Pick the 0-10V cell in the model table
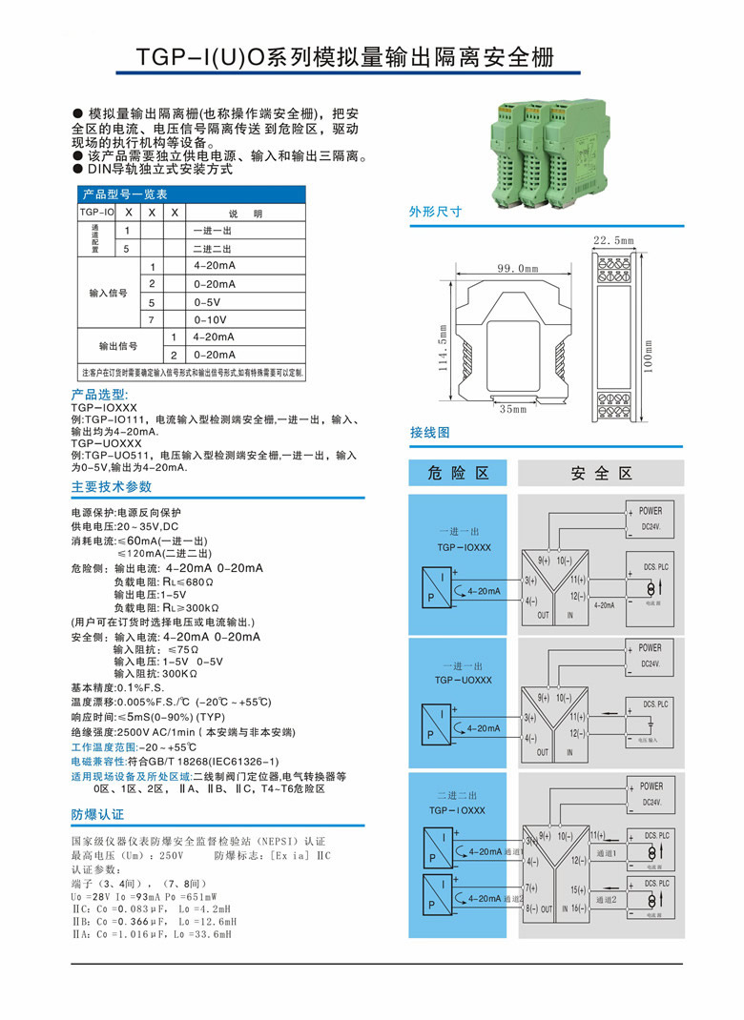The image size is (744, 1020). pos(210,319)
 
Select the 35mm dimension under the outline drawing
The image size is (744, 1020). pos(512,409)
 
